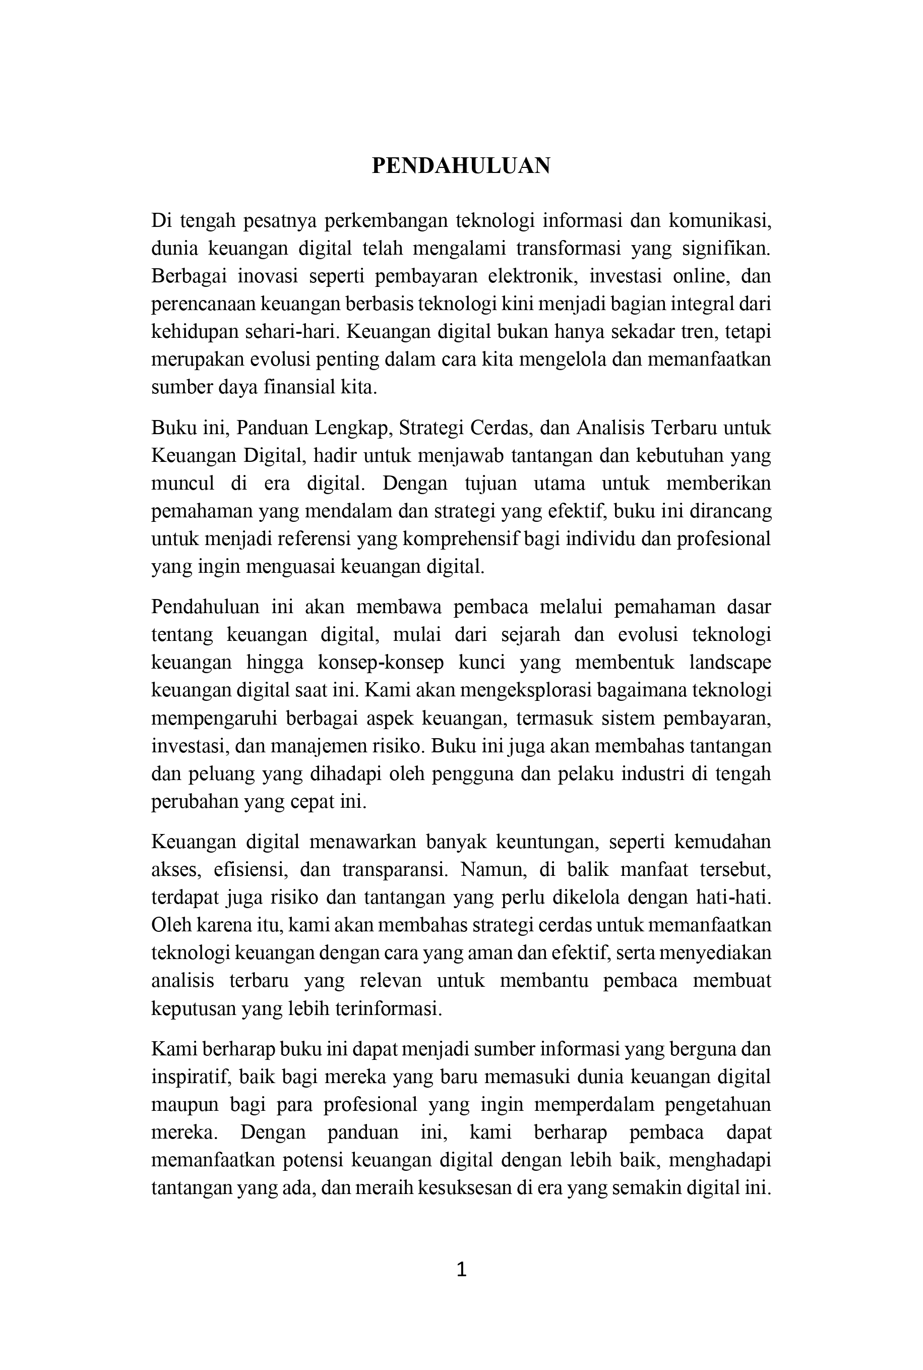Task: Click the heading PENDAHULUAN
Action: [x=461, y=166]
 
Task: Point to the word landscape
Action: [x=730, y=663]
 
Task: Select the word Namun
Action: [x=486, y=870]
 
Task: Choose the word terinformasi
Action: [x=388, y=1009]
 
